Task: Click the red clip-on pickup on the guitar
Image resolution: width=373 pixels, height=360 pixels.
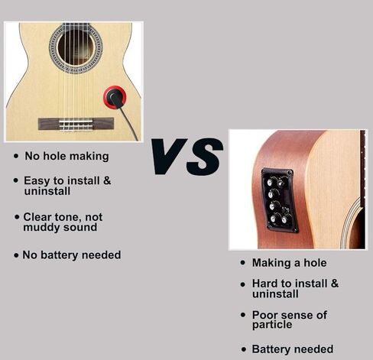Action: pos(115,97)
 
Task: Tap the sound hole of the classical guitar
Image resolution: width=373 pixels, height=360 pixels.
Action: pos(76,47)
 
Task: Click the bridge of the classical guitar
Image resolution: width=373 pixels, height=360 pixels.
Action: pos(76,124)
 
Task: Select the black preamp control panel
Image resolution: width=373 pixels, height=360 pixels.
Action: pos(280,200)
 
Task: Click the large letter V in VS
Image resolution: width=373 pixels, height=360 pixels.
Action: pos(169,156)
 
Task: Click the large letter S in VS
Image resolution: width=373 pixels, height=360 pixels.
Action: pos(205,157)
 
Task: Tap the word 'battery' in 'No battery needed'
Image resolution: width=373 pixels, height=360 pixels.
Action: pos(60,255)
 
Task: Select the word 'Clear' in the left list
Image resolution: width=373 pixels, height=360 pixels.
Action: pos(37,217)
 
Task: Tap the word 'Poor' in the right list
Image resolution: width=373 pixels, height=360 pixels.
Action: pos(264,315)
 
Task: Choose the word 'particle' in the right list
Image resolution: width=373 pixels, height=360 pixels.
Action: pos(272,325)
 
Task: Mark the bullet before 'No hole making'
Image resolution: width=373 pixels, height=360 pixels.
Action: pos(16,156)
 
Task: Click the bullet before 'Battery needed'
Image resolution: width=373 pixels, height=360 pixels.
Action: pos(244,349)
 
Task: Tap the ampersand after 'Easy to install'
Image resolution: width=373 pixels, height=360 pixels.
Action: pos(107,180)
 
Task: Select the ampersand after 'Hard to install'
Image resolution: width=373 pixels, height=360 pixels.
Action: pos(335,284)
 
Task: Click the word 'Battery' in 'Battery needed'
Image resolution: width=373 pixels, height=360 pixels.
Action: pos(271,349)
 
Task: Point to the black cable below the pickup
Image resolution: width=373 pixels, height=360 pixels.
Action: pos(128,123)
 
